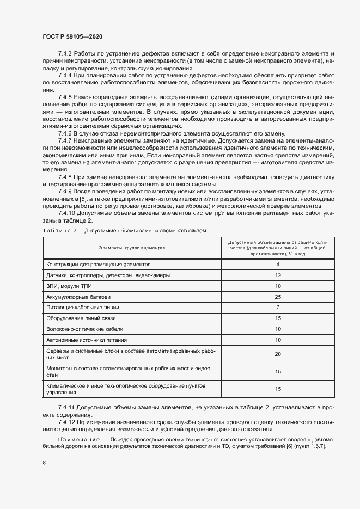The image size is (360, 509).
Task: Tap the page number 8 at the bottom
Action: coord(44,463)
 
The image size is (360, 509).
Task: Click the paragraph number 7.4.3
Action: coord(66,54)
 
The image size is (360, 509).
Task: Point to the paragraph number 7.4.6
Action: coord(66,133)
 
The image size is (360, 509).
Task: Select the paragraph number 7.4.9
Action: coord(66,192)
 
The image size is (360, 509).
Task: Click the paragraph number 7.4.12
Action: coord(68,421)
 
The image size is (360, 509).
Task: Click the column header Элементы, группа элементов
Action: coord(132,247)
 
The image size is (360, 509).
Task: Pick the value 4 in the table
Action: coord(277,265)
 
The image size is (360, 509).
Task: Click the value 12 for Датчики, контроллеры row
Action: coord(277,275)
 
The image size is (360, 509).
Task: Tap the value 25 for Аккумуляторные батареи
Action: coord(277,297)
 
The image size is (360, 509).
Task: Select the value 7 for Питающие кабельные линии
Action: coord(277,308)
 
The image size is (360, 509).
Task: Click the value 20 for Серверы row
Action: coord(277,354)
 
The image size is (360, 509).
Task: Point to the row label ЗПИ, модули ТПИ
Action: coord(69,286)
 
